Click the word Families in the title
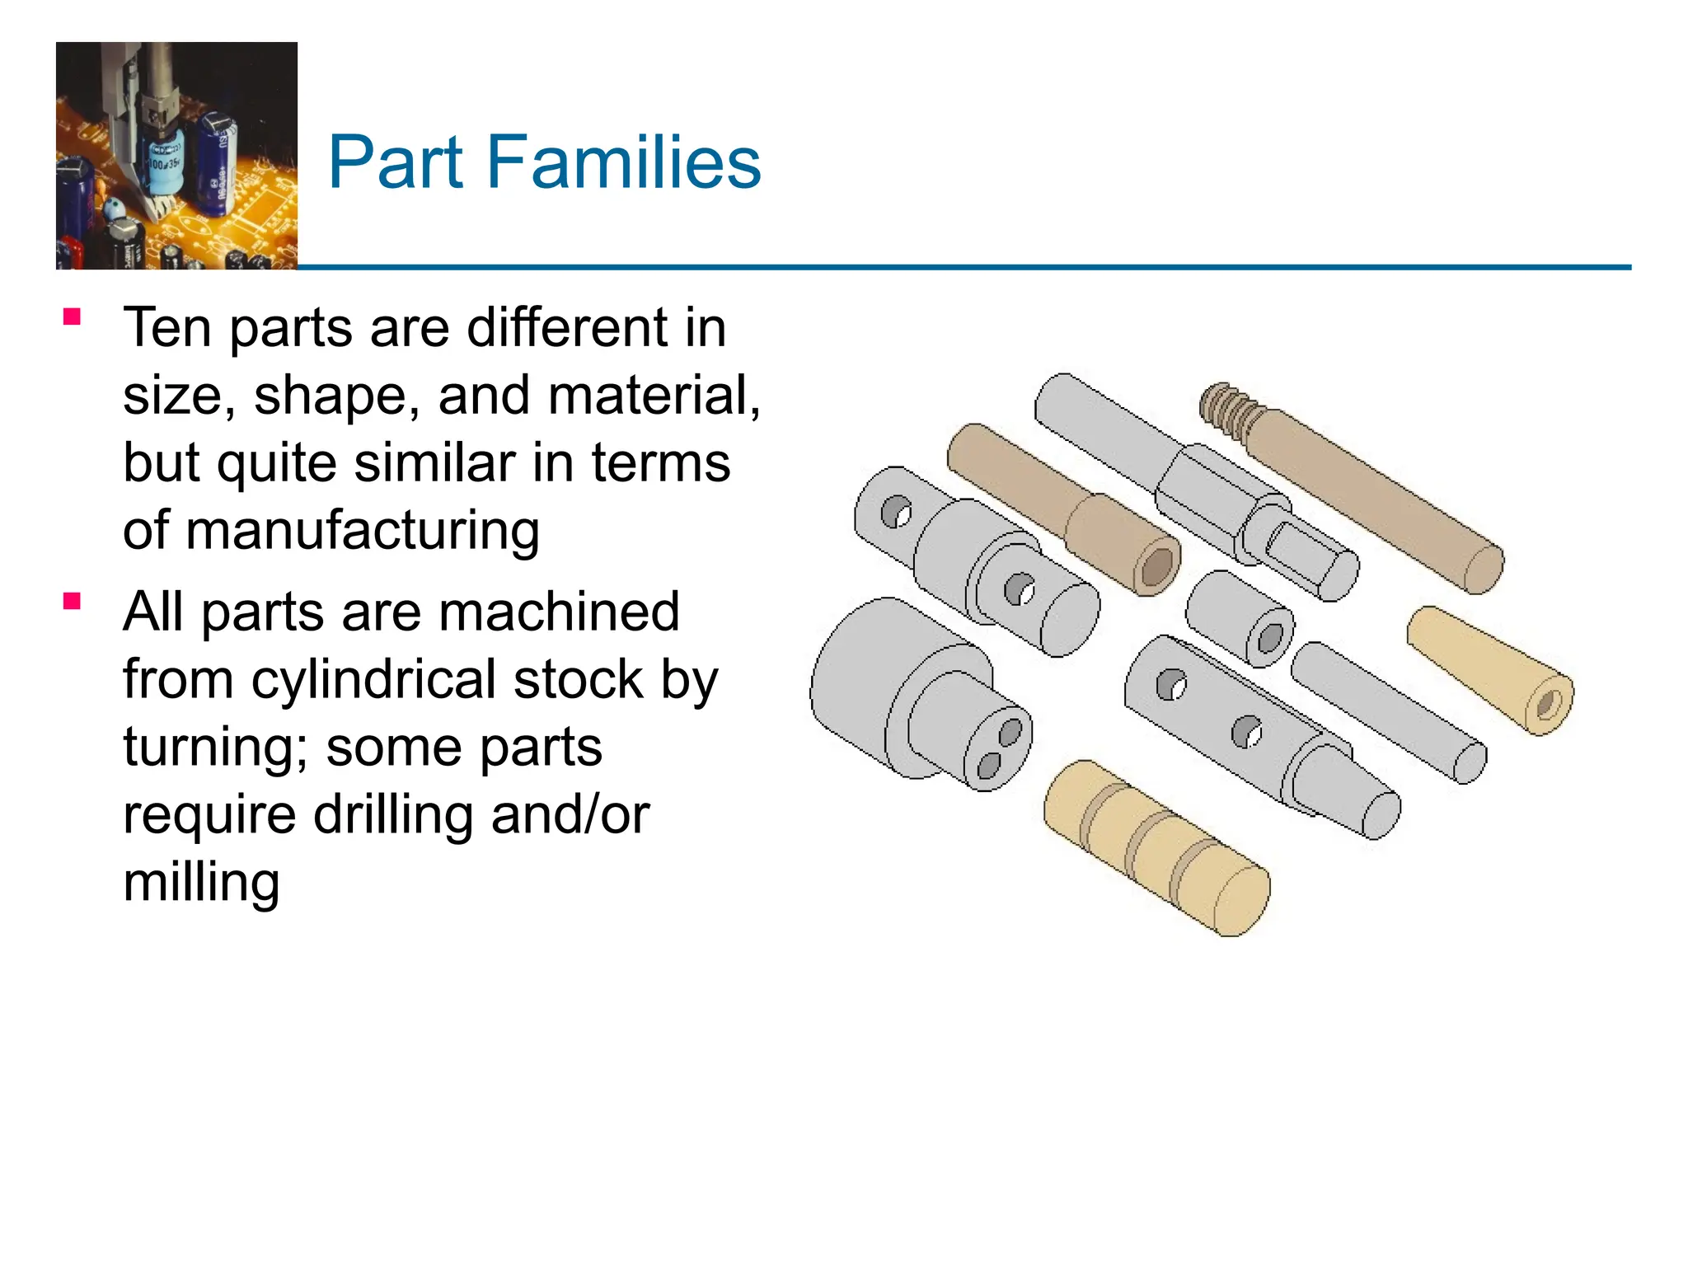(623, 162)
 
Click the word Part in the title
(395, 162)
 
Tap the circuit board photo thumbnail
(176, 156)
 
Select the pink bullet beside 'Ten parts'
(72, 317)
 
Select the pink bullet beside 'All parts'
(72, 602)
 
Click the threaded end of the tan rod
(1227, 406)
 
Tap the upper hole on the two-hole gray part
(1010, 731)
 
